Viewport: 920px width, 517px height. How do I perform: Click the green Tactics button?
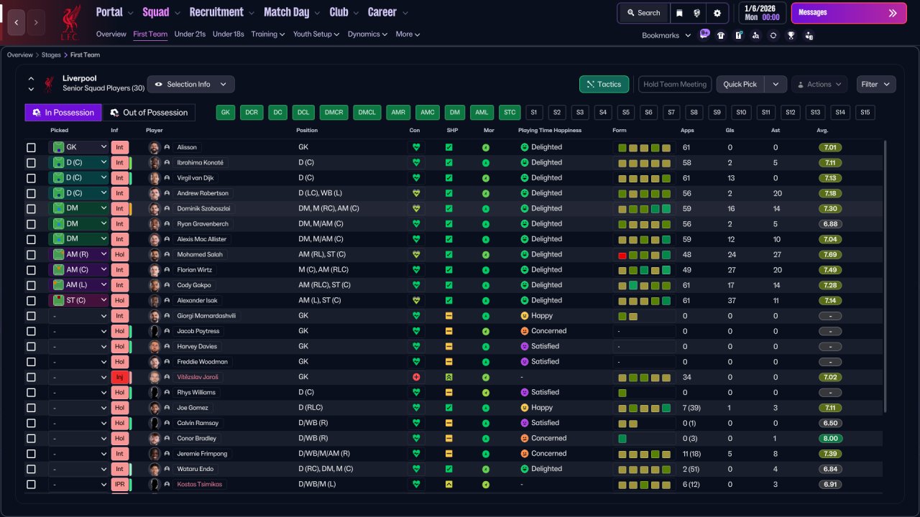[604, 84]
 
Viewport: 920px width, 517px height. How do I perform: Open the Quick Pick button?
[740, 84]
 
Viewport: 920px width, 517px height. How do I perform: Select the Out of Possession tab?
[149, 113]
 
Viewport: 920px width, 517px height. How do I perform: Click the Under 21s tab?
[190, 34]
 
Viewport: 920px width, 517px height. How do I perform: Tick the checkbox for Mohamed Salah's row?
[31, 255]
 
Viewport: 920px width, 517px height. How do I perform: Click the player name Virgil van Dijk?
[195, 178]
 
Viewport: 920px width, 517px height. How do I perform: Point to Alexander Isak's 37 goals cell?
[731, 301]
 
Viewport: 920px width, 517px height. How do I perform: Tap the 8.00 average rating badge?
[830, 439]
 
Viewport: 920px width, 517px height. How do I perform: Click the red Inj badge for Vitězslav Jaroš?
[119, 377]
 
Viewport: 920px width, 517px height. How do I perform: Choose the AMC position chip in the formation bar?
[427, 113]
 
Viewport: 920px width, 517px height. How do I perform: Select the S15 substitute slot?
[865, 113]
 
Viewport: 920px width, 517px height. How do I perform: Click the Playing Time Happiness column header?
[550, 131]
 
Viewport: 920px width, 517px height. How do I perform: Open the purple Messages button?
[849, 13]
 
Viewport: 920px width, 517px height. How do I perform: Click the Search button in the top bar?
[643, 13]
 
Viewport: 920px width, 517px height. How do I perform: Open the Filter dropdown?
[875, 84]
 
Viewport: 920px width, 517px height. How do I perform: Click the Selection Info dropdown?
[191, 84]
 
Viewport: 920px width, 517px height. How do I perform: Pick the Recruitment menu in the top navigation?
[216, 12]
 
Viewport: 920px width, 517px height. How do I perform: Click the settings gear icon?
[717, 13]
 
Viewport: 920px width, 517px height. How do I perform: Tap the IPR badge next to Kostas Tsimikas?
[119, 485]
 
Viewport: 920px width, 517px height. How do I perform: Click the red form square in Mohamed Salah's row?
[622, 255]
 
